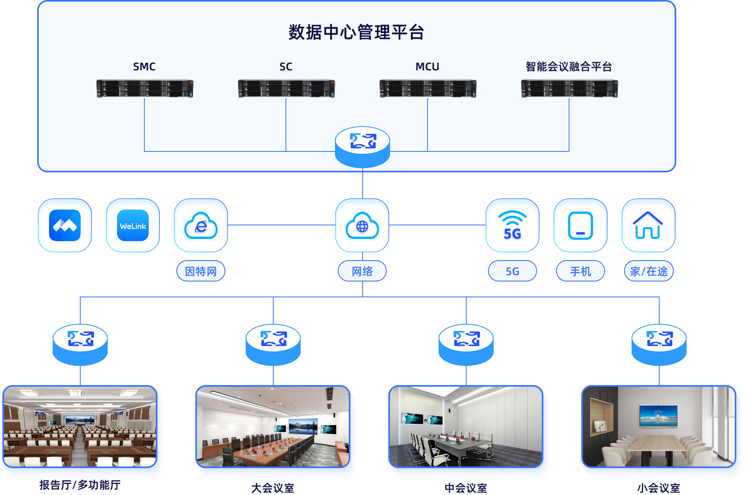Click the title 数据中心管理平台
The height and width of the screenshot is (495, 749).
pyautogui.click(x=356, y=32)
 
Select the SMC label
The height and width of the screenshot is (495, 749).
pyautogui.click(x=144, y=67)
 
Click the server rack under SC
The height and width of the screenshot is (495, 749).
pyautogui.click(x=286, y=88)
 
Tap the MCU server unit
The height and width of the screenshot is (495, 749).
pyautogui.click(x=427, y=88)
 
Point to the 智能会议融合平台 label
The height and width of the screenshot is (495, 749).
pyautogui.click(x=569, y=67)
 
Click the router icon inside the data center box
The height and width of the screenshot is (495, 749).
pyautogui.click(x=362, y=146)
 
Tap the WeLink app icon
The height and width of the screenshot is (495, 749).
pyautogui.click(x=133, y=225)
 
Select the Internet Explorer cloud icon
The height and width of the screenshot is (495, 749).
pyautogui.click(x=201, y=225)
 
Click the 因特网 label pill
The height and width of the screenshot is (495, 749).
pyautogui.click(x=201, y=271)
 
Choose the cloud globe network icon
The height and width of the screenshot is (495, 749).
pyautogui.click(x=362, y=225)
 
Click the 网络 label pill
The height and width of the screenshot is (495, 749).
pyautogui.click(x=362, y=271)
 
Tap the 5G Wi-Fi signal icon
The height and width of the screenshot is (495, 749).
pyautogui.click(x=513, y=225)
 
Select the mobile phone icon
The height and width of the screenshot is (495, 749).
pyautogui.click(x=581, y=225)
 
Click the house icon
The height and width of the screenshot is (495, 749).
pyautogui.click(x=648, y=225)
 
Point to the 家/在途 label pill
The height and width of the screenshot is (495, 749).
pyautogui.click(x=649, y=271)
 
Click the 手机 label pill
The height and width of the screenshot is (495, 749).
pyautogui.click(x=581, y=271)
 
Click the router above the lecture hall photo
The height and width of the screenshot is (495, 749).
pyautogui.click(x=80, y=344)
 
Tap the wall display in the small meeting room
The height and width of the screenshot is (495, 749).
pyautogui.click(x=658, y=416)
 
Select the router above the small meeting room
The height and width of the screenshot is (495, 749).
pyautogui.click(x=659, y=344)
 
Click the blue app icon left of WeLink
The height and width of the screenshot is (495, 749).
pyautogui.click(x=65, y=225)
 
